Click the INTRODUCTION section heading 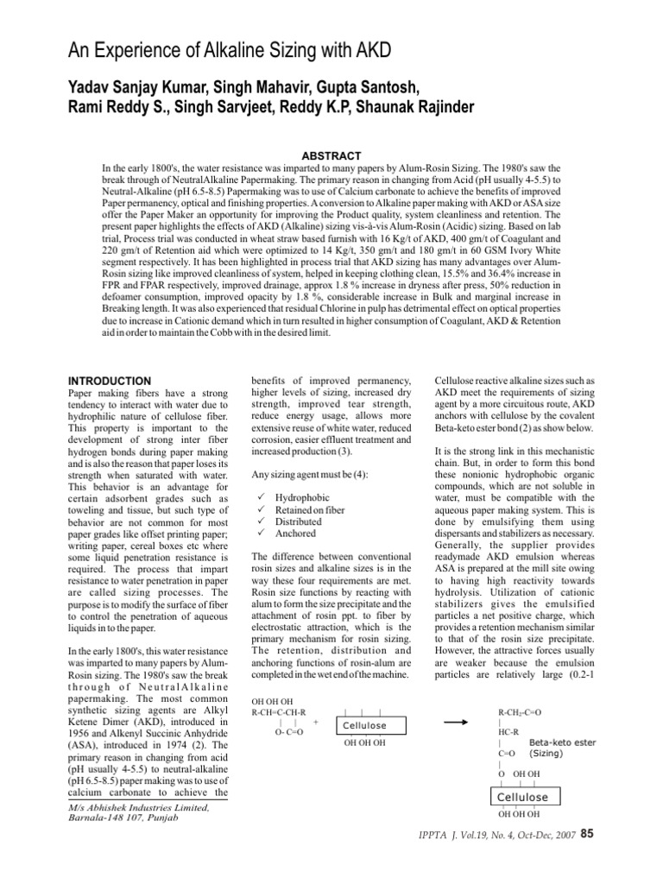click(109, 381)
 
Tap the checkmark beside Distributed click(254, 522)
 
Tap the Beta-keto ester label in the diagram click(562, 742)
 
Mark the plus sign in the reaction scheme click(315, 722)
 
